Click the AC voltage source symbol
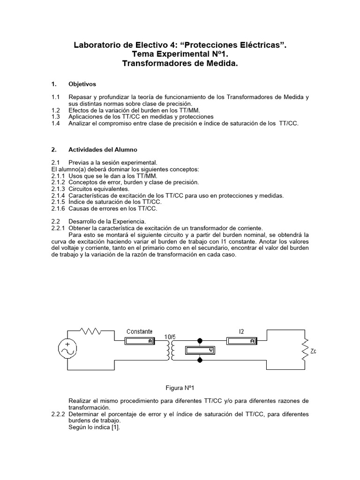click(x=67, y=350)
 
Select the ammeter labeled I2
click(x=241, y=341)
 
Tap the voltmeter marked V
click(x=200, y=350)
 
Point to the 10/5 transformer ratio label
click(x=170, y=337)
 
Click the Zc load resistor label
click(x=313, y=351)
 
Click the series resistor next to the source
click(x=90, y=331)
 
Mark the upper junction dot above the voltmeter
click(x=201, y=341)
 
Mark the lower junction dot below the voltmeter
click(x=201, y=360)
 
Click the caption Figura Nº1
click(x=180, y=388)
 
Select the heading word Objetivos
click(x=82, y=84)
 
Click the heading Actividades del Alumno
click(x=103, y=150)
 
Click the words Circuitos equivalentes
click(x=95, y=189)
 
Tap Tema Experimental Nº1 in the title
click(x=180, y=54)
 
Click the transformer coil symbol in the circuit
click(x=170, y=350)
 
